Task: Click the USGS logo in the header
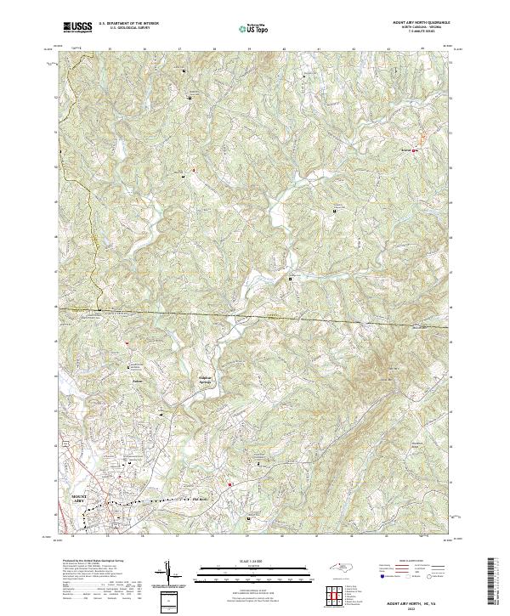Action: pyautogui.click(x=78, y=27)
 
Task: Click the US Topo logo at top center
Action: pyautogui.click(x=254, y=28)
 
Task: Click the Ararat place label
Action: pyautogui.click(x=405, y=150)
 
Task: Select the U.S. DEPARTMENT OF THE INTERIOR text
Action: pyautogui.click(x=127, y=24)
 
